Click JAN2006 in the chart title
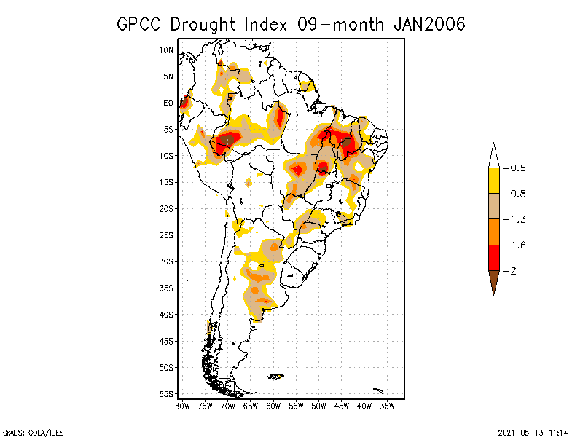point(429,24)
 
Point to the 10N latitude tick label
point(166,50)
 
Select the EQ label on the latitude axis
point(168,103)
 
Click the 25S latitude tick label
point(166,235)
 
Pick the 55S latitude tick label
point(166,394)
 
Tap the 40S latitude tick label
point(166,315)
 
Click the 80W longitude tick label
point(182,406)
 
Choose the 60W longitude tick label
point(273,406)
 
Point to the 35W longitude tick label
point(388,406)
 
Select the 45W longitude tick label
point(342,406)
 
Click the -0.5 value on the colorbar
point(517,168)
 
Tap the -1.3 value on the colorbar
point(517,219)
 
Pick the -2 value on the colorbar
point(513,271)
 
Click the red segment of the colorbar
point(493,257)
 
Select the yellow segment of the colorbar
point(493,181)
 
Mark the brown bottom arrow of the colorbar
point(493,281)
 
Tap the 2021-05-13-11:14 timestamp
point(532,431)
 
